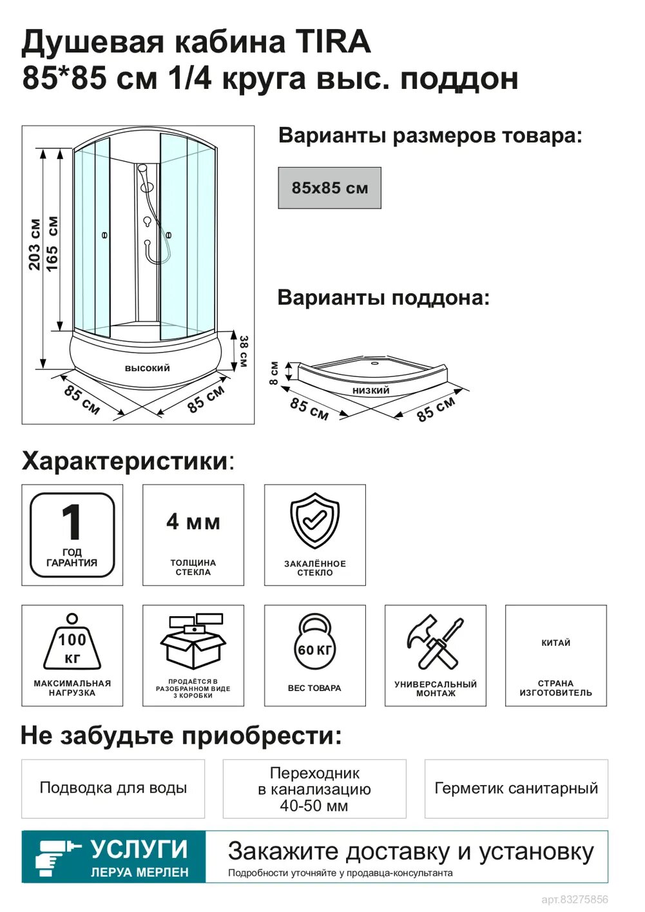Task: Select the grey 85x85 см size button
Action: pos(329,188)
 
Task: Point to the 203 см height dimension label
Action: pos(34,244)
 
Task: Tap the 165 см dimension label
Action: pos(52,244)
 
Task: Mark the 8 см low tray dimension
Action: pos(274,373)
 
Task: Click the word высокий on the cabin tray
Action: pos(147,368)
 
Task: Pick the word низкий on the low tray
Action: pos(371,390)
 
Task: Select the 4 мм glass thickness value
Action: pos(193,521)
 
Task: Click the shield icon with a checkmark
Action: pos(314,521)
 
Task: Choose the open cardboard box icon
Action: pos(193,641)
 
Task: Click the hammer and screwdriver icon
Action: pos(435,642)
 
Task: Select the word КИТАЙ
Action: pos(555,643)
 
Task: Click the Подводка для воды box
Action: pos(113,788)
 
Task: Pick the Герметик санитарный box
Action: pos(516,788)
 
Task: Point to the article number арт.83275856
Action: pos(575,899)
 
